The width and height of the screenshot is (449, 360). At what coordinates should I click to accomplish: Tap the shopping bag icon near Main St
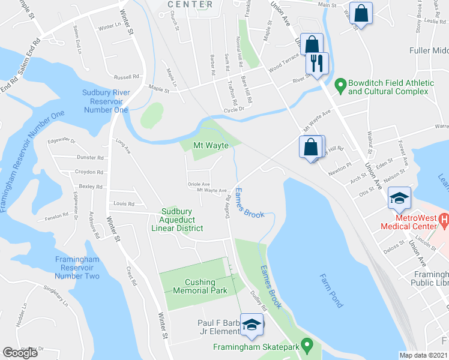[362, 13]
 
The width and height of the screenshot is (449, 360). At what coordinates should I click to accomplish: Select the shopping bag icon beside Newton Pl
[310, 147]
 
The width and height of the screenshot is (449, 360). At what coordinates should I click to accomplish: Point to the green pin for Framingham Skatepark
[307, 346]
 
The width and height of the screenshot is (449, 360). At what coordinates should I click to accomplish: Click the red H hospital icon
[444, 220]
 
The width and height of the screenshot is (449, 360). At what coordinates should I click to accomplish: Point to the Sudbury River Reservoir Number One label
[106, 101]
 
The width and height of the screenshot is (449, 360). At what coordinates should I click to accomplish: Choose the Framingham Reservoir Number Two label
[77, 267]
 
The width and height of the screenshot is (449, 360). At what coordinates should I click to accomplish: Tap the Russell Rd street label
[127, 77]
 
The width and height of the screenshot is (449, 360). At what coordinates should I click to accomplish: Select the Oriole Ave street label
[199, 184]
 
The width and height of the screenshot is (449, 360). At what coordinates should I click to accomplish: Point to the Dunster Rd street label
[91, 157]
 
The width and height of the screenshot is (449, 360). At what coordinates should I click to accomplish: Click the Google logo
[20, 353]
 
